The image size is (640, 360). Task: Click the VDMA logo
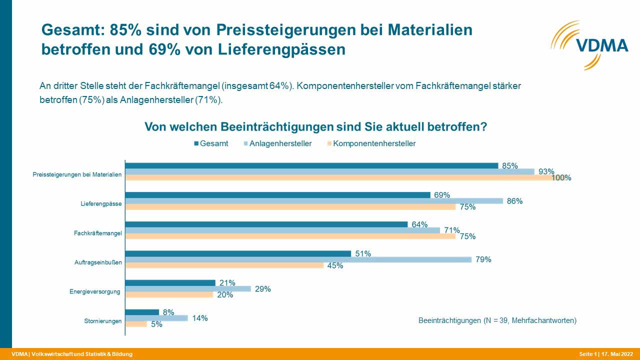pyautogui.click(x=589, y=45)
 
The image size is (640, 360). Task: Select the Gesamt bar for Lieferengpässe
pyautogui.click(x=277, y=195)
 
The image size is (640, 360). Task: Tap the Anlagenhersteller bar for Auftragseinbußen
pyautogui.click(x=298, y=259)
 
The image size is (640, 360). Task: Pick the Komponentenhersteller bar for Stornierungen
pyautogui.click(x=136, y=324)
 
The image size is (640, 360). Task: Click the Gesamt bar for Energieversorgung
pyautogui.click(x=170, y=283)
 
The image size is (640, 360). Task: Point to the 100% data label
pyautogui.click(x=561, y=177)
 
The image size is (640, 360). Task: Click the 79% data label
pyautogui.click(x=483, y=259)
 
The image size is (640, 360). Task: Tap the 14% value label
pyautogui.click(x=199, y=318)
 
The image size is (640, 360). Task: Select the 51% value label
pyautogui.click(x=363, y=253)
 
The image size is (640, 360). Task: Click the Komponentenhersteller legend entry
pyautogui.click(x=371, y=143)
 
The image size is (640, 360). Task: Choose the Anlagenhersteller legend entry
pyautogui.click(x=277, y=143)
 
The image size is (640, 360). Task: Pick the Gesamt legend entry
pyautogui.click(x=211, y=143)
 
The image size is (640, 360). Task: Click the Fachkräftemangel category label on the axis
pyautogui.click(x=97, y=233)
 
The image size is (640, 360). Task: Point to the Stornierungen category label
pyautogui.click(x=103, y=321)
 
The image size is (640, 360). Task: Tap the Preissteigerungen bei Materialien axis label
pyautogui.click(x=77, y=174)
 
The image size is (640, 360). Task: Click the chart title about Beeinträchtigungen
pyautogui.click(x=315, y=126)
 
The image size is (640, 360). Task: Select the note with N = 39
pyautogui.click(x=497, y=320)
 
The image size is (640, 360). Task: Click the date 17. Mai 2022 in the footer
pyautogui.click(x=617, y=354)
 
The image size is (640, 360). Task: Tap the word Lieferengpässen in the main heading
pyautogui.click(x=281, y=49)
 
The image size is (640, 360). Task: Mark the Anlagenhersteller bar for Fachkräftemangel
pyautogui.click(x=282, y=230)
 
